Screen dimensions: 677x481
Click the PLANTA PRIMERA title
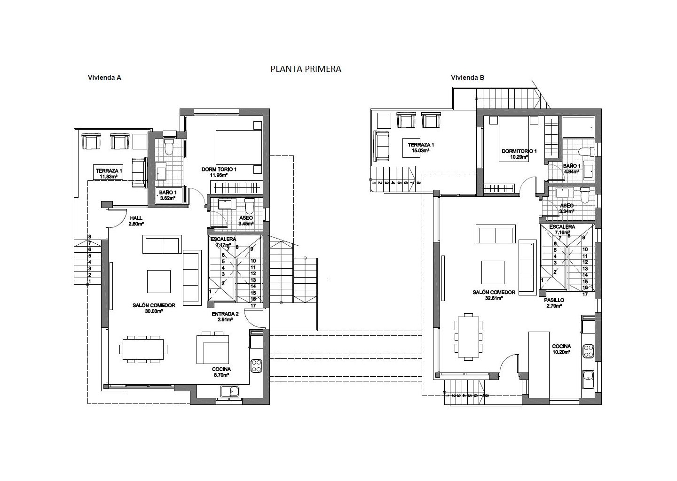(x=306, y=69)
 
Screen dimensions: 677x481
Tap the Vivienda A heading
(x=104, y=78)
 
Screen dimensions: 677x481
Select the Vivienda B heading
(x=467, y=78)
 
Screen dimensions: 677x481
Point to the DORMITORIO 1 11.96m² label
(x=219, y=172)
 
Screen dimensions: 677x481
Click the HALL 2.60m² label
(x=136, y=221)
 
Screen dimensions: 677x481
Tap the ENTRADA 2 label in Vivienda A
(x=225, y=314)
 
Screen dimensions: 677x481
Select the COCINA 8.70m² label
(x=221, y=372)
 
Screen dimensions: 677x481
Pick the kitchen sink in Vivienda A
(x=230, y=392)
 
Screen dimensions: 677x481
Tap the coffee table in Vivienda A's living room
(x=159, y=281)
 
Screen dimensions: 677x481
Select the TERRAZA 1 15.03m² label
(x=421, y=147)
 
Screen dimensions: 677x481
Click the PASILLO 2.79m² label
(x=554, y=303)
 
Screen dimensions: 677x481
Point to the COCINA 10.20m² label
(x=561, y=349)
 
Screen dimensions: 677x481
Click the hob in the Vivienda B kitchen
(x=589, y=351)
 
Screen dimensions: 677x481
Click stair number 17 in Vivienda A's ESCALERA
(x=253, y=306)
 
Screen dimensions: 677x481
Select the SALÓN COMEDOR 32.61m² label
(x=494, y=295)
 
